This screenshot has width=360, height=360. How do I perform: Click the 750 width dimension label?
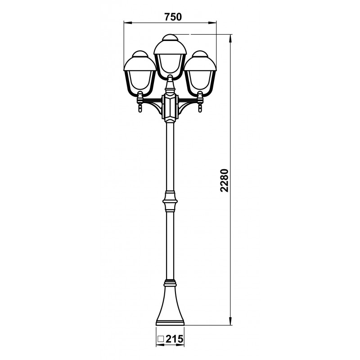point(173,17)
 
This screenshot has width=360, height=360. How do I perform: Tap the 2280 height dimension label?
point(224,180)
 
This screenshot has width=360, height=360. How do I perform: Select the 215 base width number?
point(175,339)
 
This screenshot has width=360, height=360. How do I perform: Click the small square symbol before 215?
point(161,339)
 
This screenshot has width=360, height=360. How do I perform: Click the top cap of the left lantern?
point(140,54)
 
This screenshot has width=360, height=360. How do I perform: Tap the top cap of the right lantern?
point(200,54)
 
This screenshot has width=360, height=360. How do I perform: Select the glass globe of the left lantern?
point(139,83)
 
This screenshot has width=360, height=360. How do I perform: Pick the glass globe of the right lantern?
point(200,83)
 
